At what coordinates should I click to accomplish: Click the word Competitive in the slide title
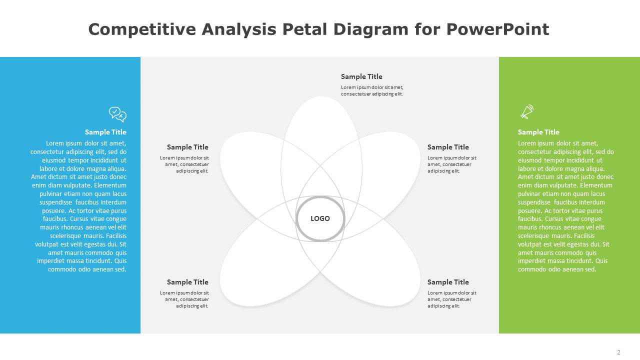[x=142, y=29]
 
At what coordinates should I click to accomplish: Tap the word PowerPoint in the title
[x=497, y=29]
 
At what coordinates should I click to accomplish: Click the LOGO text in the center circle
[x=320, y=218]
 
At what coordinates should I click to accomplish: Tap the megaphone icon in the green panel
[x=527, y=111]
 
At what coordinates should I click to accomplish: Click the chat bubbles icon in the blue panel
[x=117, y=114]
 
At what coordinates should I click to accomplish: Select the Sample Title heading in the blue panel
[x=105, y=132]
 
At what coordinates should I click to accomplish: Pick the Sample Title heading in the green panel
[x=538, y=132]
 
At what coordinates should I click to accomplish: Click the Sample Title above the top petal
[x=361, y=76]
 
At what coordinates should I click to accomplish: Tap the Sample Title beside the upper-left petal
[x=187, y=147]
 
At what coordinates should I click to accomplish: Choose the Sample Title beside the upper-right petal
[x=448, y=147]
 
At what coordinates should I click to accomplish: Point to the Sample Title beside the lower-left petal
[x=187, y=282]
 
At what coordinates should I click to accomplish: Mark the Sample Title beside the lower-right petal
[x=448, y=282]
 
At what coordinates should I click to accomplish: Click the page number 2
[x=618, y=352]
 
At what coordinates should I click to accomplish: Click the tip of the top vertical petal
[x=321, y=96]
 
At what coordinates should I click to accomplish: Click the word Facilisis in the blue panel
[x=116, y=235]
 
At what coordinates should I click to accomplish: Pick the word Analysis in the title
[x=239, y=29]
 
